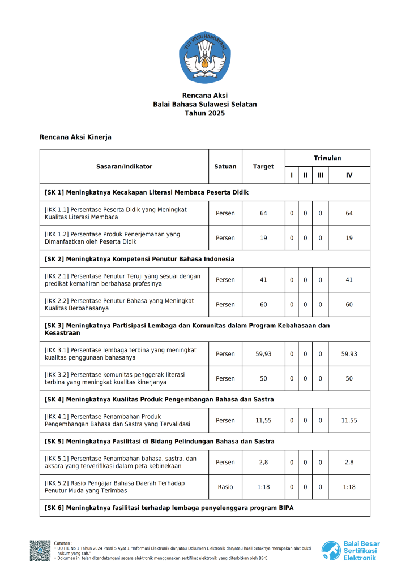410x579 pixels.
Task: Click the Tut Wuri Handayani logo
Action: coord(205,58)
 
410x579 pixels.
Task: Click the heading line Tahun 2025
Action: coord(205,114)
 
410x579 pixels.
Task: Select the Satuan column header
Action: coord(225,167)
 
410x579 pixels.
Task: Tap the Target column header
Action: coord(263,167)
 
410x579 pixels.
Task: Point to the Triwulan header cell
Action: coord(327,158)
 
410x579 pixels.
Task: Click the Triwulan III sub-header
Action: coord(320,175)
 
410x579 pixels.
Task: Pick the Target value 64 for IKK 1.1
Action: coord(263,214)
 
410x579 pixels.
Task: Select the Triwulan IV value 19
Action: coord(349,238)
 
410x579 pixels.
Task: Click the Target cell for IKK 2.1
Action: coord(263,280)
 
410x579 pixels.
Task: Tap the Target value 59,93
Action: coord(263,354)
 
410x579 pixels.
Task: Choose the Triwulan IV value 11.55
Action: coord(349,421)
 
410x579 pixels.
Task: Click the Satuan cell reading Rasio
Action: coord(225,487)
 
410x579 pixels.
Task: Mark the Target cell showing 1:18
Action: coord(263,487)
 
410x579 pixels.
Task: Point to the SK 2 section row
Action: coord(204,259)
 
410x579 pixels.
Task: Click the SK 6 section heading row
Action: coord(204,508)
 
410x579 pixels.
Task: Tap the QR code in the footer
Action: coord(40,551)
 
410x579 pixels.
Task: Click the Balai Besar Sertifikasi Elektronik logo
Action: coord(351,551)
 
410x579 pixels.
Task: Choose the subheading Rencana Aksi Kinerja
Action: coord(75,137)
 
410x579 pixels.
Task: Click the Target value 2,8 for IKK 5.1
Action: coord(263,462)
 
